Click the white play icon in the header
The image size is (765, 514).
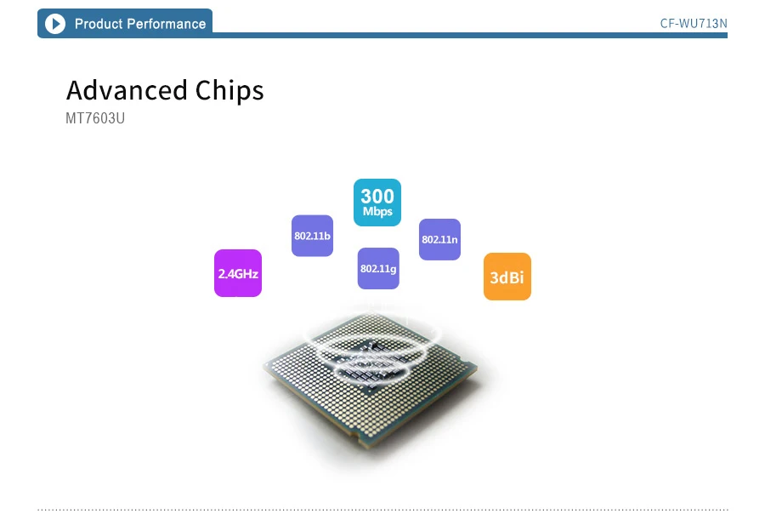(x=55, y=24)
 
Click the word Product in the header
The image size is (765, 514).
(x=99, y=24)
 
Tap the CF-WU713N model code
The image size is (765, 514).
(x=694, y=23)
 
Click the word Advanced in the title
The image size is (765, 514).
(x=127, y=90)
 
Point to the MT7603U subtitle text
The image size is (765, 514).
(x=95, y=118)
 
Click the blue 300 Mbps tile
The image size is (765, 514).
(x=377, y=203)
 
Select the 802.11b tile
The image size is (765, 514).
(x=312, y=236)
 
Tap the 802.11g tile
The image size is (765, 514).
(x=378, y=268)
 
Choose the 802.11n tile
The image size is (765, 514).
(x=439, y=239)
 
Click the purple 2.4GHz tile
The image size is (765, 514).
(x=238, y=273)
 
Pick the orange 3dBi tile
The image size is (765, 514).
(x=507, y=277)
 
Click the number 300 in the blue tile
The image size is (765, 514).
(x=377, y=196)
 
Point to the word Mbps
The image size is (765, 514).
(x=377, y=212)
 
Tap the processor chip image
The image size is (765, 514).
(x=374, y=391)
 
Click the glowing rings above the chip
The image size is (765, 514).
(x=375, y=340)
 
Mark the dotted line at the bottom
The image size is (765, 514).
(x=382, y=509)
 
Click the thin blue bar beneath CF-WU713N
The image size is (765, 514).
(x=510, y=35)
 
